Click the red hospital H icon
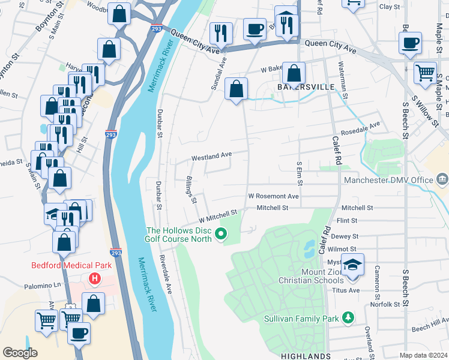pyautogui.click(x=94, y=278)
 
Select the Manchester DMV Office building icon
pyautogui.click(x=442, y=179)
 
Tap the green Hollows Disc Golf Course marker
pyautogui.click(x=223, y=234)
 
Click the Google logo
pyautogui.click(x=20, y=353)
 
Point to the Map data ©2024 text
pyautogui.click(x=423, y=355)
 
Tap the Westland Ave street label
pyautogui.click(x=211, y=157)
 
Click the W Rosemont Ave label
pyautogui.click(x=273, y=196)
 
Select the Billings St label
pyautogui.click(x=191, y=190)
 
